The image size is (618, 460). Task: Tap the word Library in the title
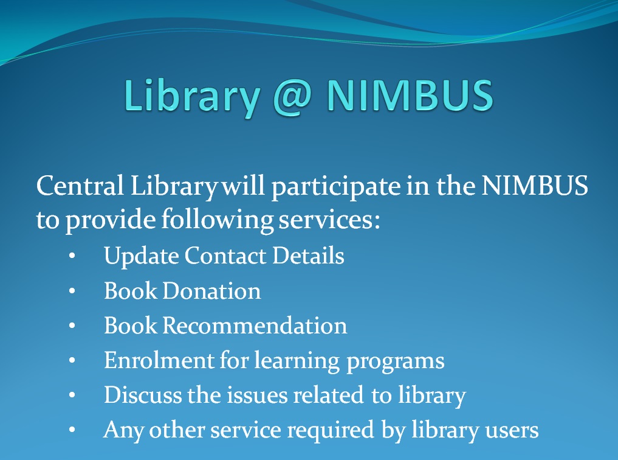(x=192, y=96)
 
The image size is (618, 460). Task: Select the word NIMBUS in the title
(x=410, y=95)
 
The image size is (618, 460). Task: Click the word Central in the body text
(x=80, y=185)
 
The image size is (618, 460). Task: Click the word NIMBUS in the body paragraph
(x=534, y=185)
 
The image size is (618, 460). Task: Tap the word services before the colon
(x=326, y=219)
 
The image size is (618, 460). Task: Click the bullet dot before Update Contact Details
(x=72, y=256)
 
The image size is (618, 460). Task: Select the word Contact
(x=225, y=256)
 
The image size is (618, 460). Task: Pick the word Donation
(x=211, y=291)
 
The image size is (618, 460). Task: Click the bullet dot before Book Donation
(x=72, y=291)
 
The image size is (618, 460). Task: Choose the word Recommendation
(x=255, y=326)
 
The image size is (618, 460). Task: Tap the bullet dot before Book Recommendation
(x=72, y=326)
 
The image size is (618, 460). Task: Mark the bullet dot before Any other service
(x=72, y=430)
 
